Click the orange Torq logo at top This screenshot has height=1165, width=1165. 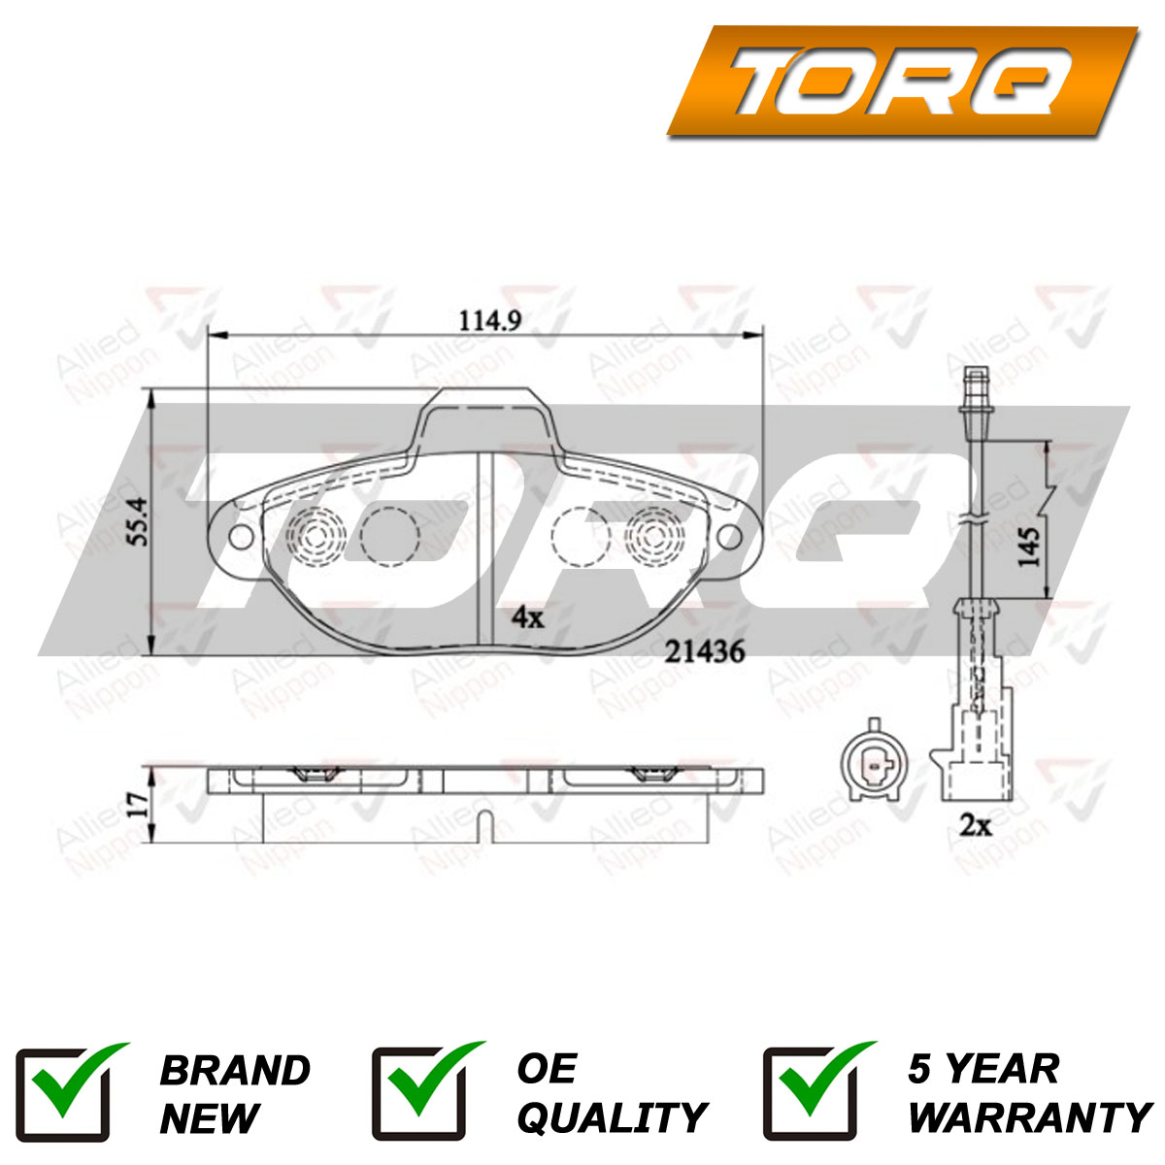(x=903, y=81)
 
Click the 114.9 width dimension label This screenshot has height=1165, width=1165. (x=490, y=320)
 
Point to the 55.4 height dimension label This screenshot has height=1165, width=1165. (x=139, y=521)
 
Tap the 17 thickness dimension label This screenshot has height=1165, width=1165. (x=139, y=805)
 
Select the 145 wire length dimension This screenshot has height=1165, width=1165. (x=1028, y=547)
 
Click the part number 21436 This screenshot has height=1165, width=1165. (x=704, y=651)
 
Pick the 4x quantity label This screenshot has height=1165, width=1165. (x=528, y=617)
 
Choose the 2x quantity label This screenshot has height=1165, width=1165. (x=976, y=826)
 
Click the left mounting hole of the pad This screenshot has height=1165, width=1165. (x=241, y=536)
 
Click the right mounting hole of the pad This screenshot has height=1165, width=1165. (x=730, y=536)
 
